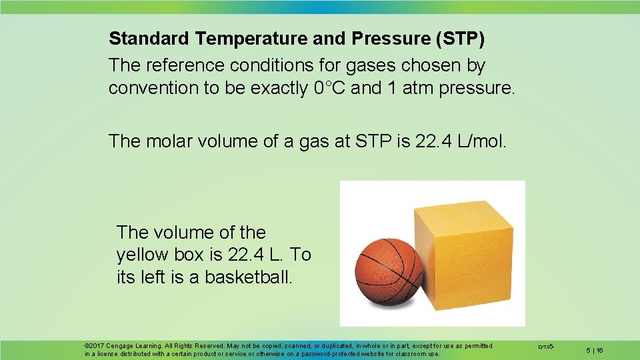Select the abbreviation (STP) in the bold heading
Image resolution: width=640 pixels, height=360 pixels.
pyautogui.click(x=460, y=38)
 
